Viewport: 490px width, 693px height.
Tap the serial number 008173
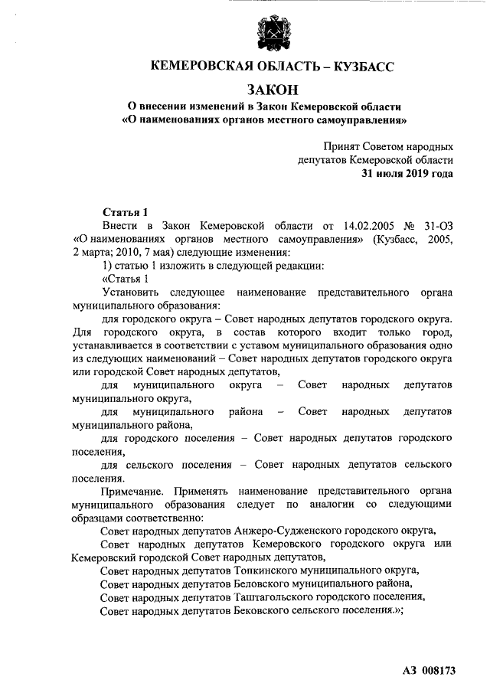click(x=437, y=671)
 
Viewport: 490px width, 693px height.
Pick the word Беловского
click(x=263, y=584)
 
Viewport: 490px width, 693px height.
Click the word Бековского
click(x=262, y=610)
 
